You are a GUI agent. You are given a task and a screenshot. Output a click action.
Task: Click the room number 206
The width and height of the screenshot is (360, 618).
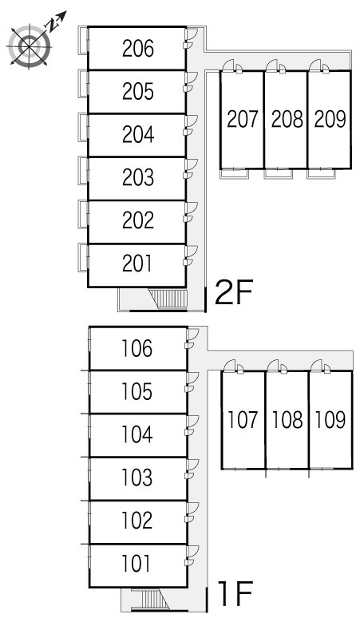(138, 49)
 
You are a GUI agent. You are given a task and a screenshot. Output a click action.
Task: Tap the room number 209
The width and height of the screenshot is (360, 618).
(330, 119)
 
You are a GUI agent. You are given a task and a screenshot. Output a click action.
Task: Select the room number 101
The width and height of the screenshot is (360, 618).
(136, 563)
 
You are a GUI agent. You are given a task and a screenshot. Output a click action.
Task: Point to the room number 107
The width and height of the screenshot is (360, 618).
(243, 419)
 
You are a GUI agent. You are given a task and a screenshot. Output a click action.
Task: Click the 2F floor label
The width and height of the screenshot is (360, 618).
(233, 292)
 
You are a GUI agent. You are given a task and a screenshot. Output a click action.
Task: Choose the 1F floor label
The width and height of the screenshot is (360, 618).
(235, 593)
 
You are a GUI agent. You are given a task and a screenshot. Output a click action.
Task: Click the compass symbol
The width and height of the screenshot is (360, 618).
(30, 46)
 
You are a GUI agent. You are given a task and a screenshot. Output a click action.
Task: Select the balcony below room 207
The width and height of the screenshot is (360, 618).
(234, 173)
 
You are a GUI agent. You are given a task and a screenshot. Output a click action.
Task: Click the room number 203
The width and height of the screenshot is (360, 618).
(138, 177)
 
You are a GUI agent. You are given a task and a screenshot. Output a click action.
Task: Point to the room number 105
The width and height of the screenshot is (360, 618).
(136, 391)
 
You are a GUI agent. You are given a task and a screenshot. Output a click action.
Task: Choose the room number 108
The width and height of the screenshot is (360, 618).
(287, 419)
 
